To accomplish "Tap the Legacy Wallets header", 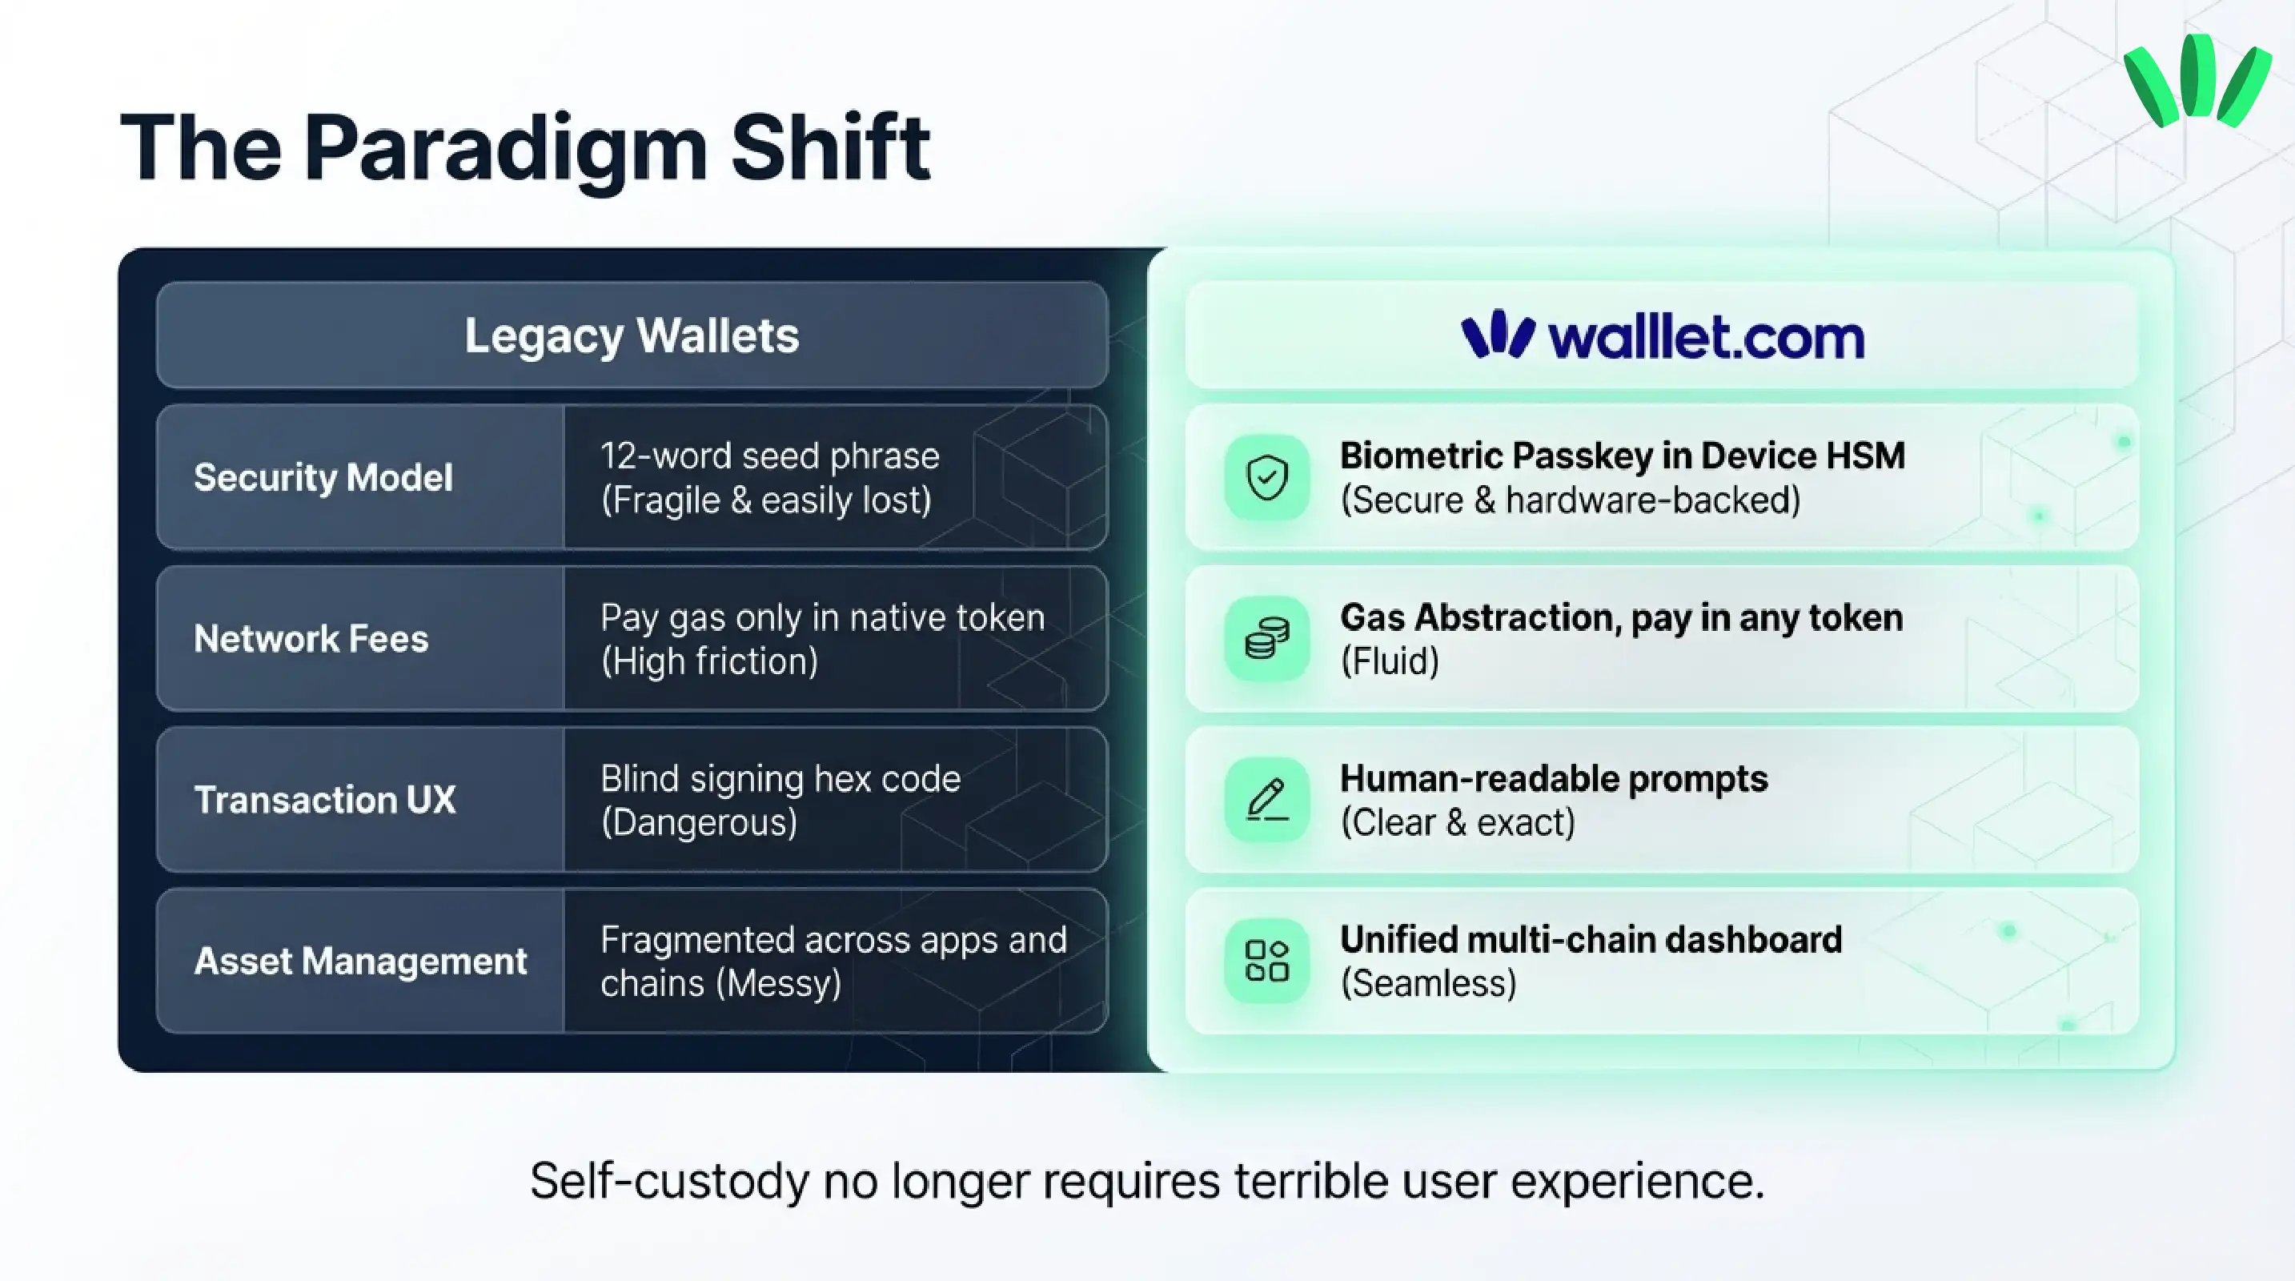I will pyautogui.click(x=632, y=335).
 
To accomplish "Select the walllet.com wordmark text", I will pyautogui.click(x=1705, y=338).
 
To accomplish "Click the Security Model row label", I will pyautogui.click(x=323, y=477).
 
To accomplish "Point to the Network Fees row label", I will pyautogui.click(x=311, y=639).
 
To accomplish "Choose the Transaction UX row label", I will pyautogui.click(x=324, y=800).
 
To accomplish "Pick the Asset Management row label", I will pyautogui.click(x=360, y=962).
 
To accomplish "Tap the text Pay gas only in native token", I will pyautogui.click(x=822, y=617).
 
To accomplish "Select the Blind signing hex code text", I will pyautogui.click(x=780, y=778).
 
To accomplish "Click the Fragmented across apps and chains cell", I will pyautogui.click(x=833, y=962).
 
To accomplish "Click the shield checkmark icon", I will pyautogui.click(x=1267, y=477).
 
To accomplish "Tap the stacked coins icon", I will pyautogui.click(x=1267, y=639).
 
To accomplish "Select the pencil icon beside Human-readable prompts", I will pyautogui.click(x=1267, y=800).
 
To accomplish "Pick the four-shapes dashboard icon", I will pyautogui.click(x=1267, y=962).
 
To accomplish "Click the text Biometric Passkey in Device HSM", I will pyautogui.click(x=1623, y=456).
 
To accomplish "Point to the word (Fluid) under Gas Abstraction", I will pyautogui.click(x=1390, y=662).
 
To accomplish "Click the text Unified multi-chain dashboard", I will pyautogui.click(x=1591, y=940).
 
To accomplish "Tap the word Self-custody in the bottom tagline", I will pyautogui.click(x=668, y=1182).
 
